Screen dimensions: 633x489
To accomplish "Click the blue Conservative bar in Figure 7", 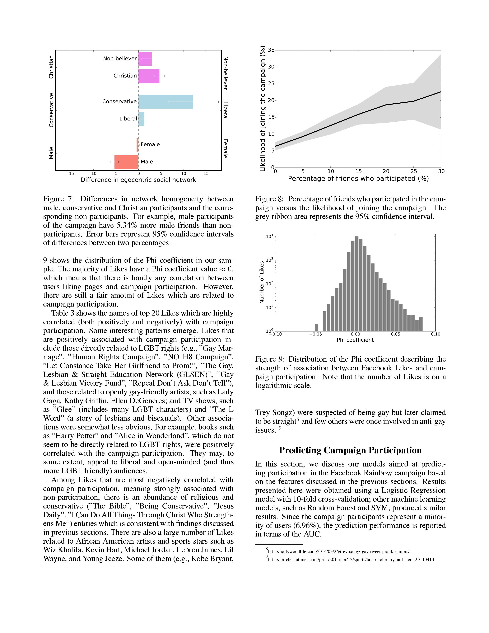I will [x=166, y=102].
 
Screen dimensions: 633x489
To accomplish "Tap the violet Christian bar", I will [x=149, y=76].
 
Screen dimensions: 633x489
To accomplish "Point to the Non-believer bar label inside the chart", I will [x=120, y=59].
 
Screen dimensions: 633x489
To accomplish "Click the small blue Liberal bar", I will [x=141, y=119].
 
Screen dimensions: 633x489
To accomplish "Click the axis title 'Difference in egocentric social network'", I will [x=138, y=180].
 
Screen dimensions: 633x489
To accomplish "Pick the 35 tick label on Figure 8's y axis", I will [x=271, y=50].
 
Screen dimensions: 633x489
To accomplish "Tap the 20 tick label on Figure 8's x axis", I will [x=386, y=171].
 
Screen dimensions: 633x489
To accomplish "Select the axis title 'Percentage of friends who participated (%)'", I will [x=358, y=179].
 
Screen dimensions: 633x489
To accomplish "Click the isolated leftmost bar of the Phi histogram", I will [x=317, y=327].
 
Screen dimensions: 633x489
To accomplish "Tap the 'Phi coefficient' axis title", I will [x=355, y=340].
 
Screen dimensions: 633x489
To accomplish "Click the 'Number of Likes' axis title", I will [x=262, y=282].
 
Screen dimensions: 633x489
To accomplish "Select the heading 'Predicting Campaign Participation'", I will [x=350, y=450].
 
